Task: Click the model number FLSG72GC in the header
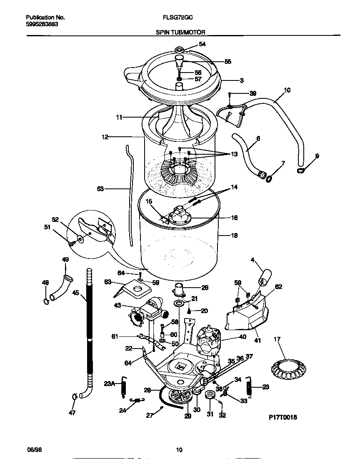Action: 180,18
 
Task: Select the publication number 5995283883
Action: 42,24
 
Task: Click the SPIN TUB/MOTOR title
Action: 180,32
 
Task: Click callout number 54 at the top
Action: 202,44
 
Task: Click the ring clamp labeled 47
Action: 74,396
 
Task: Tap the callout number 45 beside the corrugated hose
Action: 75,293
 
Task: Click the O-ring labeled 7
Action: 269,178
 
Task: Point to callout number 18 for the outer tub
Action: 234,236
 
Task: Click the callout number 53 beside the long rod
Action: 100,189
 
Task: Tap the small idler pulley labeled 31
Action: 209,394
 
